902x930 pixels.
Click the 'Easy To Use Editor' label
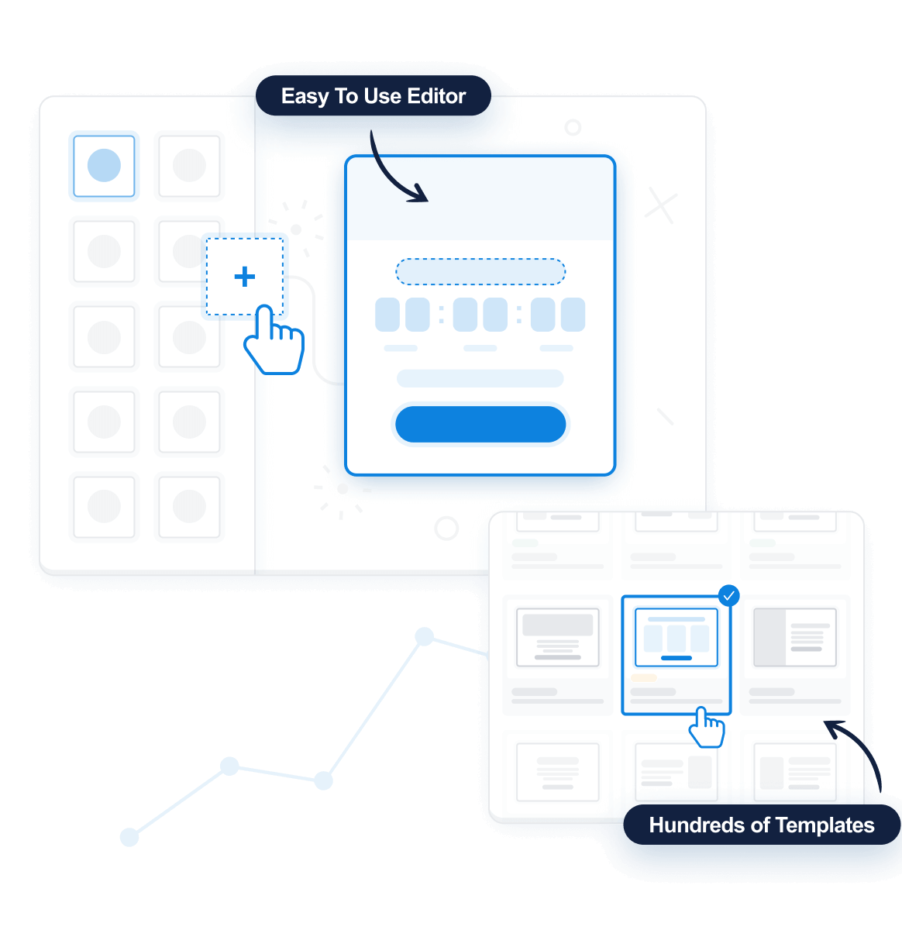click(374, 96)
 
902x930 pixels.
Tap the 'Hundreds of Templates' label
click(761, 825)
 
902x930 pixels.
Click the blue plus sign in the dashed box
click(245, 277)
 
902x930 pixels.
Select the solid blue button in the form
click(480, 424)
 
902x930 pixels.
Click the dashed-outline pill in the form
click(480, 272)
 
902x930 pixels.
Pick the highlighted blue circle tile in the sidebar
click(104, 166)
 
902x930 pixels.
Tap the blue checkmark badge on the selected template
click(728, 595)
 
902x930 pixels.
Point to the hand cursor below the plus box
click(274, 343)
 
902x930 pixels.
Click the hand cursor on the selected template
click(707, 728)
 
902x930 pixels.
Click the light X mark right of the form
click(661, 206)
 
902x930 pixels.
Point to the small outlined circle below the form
click(446, 529)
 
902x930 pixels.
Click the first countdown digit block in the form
click(387, 315)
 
